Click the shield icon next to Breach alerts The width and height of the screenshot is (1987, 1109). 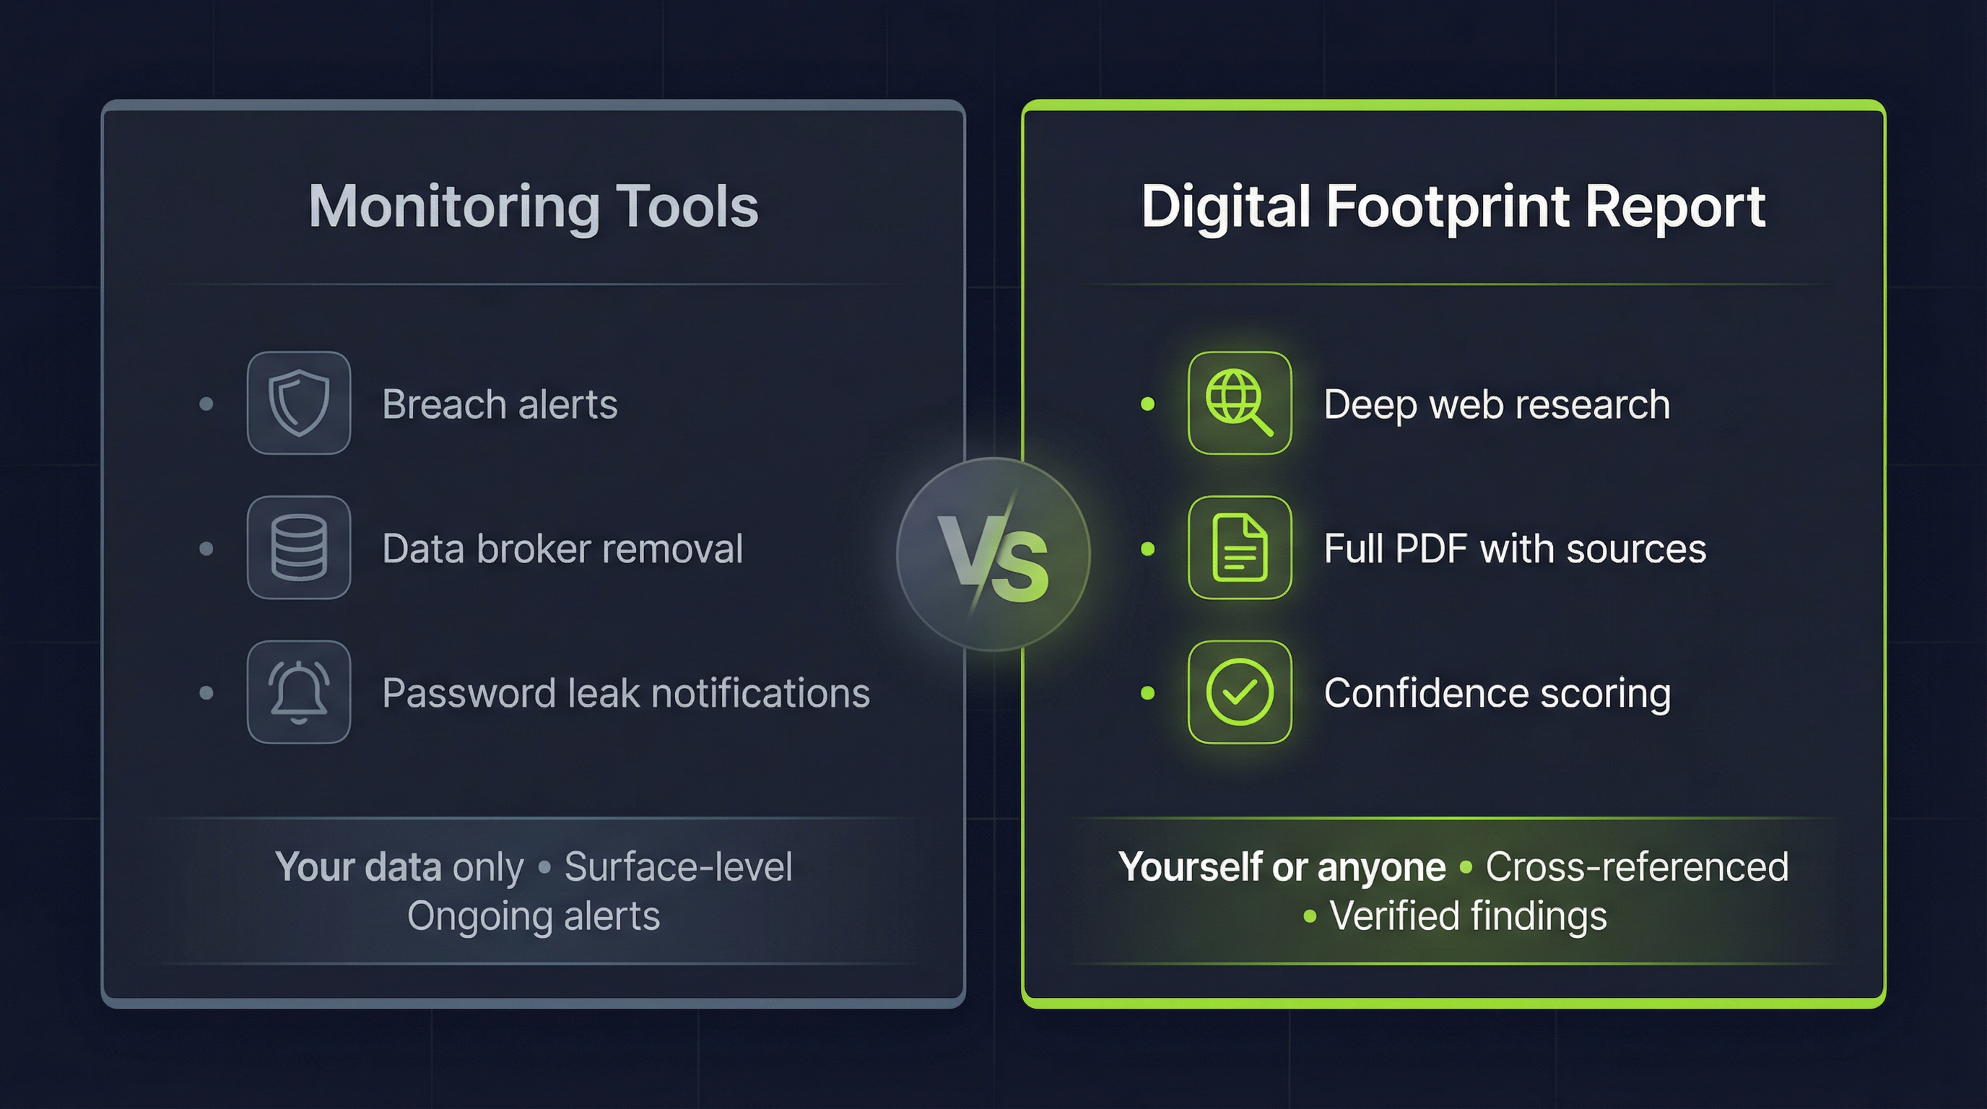(298, 403)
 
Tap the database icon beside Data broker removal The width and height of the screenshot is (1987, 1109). (298, 547)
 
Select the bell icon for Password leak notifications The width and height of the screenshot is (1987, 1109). (298, 692)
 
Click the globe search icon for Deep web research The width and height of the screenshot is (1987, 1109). (1239, 403)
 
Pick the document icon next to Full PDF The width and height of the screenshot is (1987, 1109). (1239, 547)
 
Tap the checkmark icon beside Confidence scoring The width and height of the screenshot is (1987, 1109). (1239, 692)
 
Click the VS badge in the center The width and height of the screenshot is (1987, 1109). (993, 554)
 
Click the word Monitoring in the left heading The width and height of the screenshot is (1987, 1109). (453, 207)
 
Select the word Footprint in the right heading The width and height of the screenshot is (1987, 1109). (1447, 207)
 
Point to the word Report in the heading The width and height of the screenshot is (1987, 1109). (1674, 207)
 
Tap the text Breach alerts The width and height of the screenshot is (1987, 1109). (500, 404)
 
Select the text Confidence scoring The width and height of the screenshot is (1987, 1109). (1497, 693)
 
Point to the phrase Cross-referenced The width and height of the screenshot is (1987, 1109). (1636, 867)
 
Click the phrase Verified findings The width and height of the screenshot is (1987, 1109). (1468, 916)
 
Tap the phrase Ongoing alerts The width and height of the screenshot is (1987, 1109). (533, 916)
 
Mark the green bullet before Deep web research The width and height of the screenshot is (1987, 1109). (1147, 404)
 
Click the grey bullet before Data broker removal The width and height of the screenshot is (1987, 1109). (206, 548)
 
